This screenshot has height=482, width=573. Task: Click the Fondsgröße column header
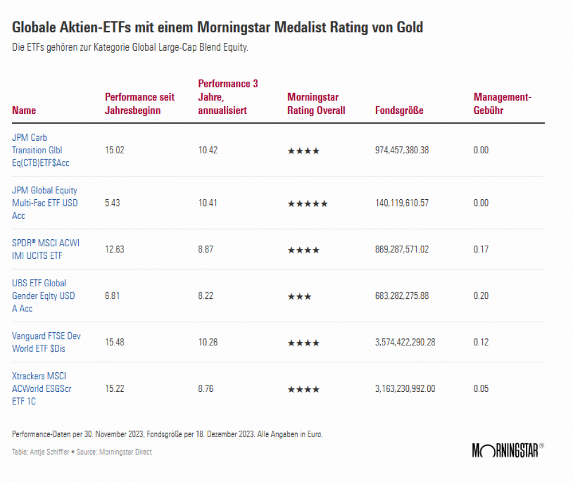399,110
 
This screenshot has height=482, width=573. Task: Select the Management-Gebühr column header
502,104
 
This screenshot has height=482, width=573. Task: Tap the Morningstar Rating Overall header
316,104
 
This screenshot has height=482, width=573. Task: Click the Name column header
24,110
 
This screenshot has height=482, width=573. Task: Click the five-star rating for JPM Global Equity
307,203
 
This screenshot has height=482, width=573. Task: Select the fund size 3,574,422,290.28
405,342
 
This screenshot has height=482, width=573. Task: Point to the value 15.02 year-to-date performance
115,150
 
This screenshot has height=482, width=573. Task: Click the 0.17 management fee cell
481,249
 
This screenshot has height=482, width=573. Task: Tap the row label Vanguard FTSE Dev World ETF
46,342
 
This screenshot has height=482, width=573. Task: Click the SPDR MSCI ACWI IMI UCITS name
45,249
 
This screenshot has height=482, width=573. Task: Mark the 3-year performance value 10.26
208,342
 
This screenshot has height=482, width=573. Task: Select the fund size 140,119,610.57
402,203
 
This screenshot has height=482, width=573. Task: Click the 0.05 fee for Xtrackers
481,389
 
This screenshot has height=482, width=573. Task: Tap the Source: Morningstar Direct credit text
113,452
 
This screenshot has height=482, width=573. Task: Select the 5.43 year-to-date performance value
113,203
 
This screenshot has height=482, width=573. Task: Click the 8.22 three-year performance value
206,296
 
